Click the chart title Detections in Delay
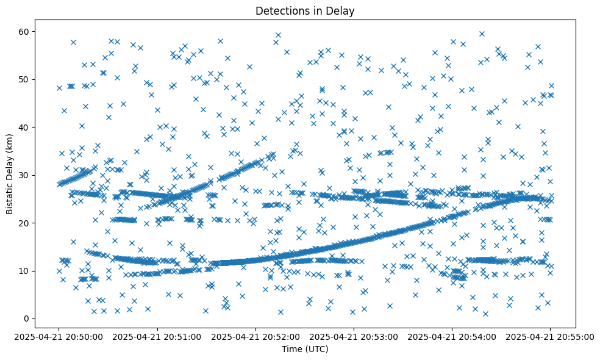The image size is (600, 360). coord(305,11)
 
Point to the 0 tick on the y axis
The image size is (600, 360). coord(27,319)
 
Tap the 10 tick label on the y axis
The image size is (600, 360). coord(25,271)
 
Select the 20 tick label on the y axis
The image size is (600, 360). coord(25,223)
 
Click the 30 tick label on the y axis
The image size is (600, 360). coord(25,175)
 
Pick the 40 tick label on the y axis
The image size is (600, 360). coord(25,128)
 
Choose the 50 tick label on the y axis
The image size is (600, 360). coord(25,79)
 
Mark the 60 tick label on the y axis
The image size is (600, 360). coord(25,32)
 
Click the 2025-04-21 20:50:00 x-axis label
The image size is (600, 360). coord(59,336)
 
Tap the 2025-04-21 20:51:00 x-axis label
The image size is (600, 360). coord(157,336)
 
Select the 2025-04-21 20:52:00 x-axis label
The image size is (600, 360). coord(255,336)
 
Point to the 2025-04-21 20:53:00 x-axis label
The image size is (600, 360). coord(354,336)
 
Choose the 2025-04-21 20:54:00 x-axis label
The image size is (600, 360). coord(452,336)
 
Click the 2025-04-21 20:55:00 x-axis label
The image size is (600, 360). coord(550,336)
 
